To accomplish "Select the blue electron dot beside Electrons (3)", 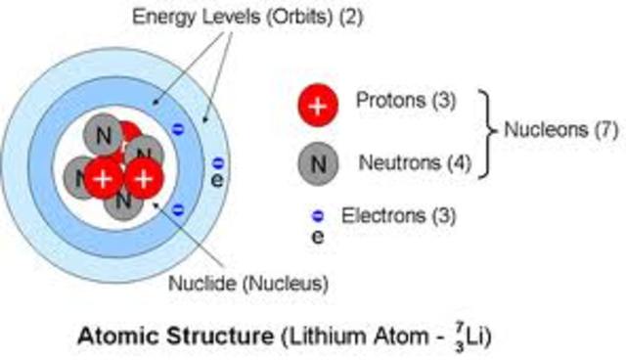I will (x=318, y=215).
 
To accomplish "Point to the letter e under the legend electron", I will (x=318, y=235).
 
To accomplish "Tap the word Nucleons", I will (x=540, y=130).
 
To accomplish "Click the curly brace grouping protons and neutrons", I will (x=483, y=132).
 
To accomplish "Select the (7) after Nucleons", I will (x=598, y=130).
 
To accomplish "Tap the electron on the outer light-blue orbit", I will (x=218, y=162).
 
